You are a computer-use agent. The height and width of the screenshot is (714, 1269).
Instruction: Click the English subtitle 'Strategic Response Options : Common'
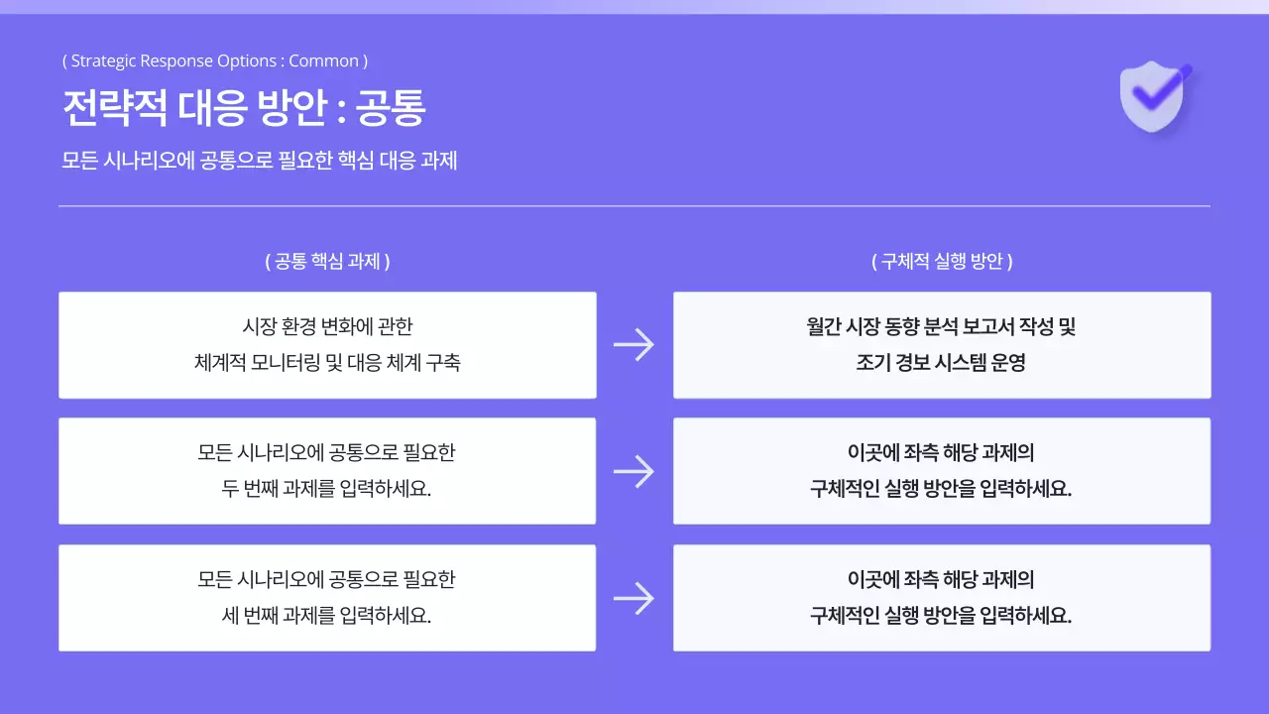point(214,61)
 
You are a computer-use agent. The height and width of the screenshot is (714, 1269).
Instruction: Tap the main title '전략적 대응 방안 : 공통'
point(243,108)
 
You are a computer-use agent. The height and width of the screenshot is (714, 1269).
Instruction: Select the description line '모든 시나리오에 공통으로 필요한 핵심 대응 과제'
point(259,161)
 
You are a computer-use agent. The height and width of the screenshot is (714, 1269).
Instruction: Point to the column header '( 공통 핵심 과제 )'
point(327,262)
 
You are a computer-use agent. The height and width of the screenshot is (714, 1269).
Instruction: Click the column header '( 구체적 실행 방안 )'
point(942,262)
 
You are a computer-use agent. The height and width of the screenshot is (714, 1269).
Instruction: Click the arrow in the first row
point(634,345)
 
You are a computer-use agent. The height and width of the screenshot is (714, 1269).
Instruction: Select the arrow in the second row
point(634,471)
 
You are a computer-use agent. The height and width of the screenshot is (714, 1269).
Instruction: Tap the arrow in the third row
point(634,598)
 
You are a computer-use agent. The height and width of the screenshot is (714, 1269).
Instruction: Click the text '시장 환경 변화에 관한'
point(327,326)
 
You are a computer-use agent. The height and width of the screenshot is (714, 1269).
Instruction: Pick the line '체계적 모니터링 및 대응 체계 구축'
point(327,363)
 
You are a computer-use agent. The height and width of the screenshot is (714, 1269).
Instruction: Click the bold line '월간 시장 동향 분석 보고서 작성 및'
point(942,326)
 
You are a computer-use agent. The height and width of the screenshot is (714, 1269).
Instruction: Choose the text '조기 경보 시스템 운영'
point(942,363)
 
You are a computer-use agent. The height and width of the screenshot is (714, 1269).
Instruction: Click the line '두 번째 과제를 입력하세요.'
point(327,489)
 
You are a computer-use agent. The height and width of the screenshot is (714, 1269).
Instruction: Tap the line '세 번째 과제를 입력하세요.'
point(327,616)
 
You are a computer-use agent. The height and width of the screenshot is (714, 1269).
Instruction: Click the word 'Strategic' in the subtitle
point(103,61)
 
